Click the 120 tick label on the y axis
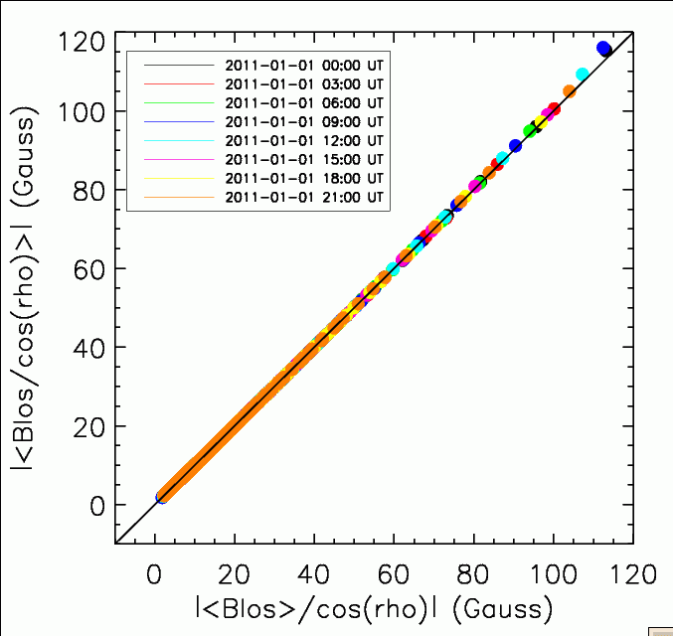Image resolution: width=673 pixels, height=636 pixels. coord(82,42)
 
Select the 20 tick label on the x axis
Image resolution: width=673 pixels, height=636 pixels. coord(235,574)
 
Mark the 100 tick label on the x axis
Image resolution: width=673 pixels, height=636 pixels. coord(549,574)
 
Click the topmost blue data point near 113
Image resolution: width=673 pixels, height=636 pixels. coord(603,48)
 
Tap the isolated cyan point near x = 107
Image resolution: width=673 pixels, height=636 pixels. coord(583,74)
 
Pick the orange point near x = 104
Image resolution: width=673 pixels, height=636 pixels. coord(570,91)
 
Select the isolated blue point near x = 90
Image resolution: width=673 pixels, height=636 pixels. coord(515,146)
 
